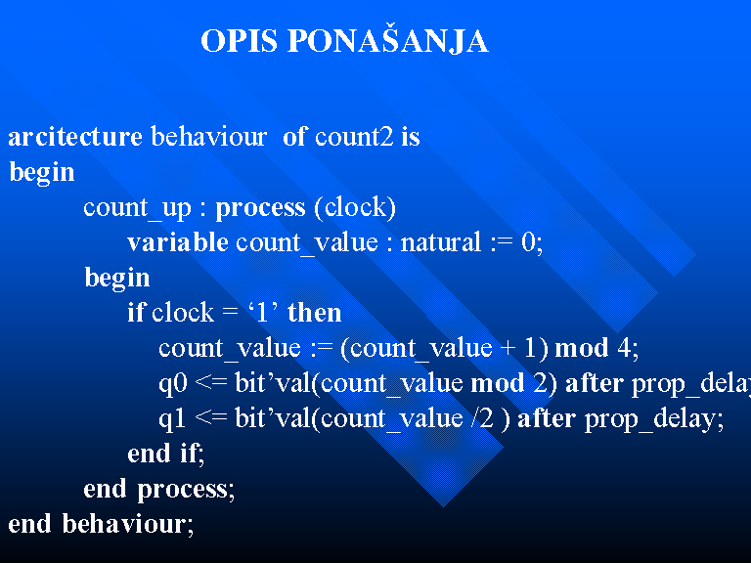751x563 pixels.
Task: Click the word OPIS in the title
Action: pyautogui.click(x=239, y=41)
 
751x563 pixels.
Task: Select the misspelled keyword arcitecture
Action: pyautogui.click(x=75, y=137)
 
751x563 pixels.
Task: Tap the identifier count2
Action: pyautogui.click(x=354, y=137)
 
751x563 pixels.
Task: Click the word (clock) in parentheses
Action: pyautogui.click(x=355, y=208)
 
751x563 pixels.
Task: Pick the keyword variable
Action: pyautogui.click(x=178, y=242)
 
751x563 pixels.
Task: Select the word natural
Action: pyautogui.click(x=441, y=242)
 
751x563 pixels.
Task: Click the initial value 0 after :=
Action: pyautogui.click(x=528, y=242)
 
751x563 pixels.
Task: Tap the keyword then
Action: pyautogui.click(x=314, y=313)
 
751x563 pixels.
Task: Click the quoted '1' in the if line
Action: pyautogui.click(x=262, y=313)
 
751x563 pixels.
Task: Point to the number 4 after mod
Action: pyautogui.click(x=624, y=348)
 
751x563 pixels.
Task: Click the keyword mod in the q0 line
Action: pyautogui.click(x=498, y=383)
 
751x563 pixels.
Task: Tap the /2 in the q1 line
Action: pyautogui.click(x=482, y=418)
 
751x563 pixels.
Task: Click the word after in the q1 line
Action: pyautogui.click(x=547, y=418)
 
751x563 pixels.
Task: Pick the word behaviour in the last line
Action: pyautogui.click(x=123, y=523)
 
